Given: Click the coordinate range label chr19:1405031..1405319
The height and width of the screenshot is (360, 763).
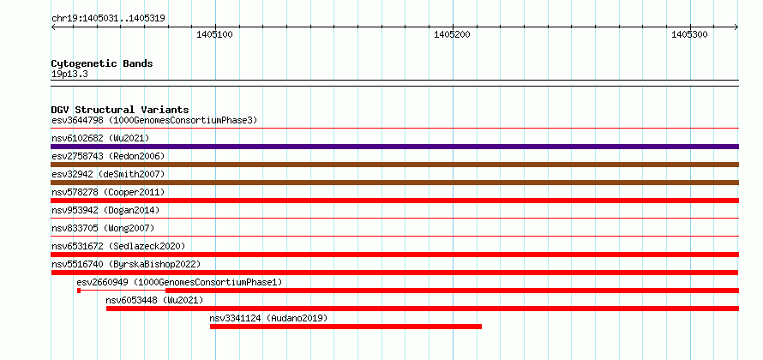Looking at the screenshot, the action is [109, 19].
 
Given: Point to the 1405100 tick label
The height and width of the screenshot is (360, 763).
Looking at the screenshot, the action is [214, 34].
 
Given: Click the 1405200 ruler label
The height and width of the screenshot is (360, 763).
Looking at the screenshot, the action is [452, 34].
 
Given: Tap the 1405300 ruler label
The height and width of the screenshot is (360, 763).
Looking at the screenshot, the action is [689, 34].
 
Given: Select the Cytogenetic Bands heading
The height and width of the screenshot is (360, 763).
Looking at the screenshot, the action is [102, 63].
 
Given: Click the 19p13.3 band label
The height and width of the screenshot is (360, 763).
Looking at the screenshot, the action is [69, 75].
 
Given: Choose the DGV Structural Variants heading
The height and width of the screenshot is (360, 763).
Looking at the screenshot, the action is [120, 110].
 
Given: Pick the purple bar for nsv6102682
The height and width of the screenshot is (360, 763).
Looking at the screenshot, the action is [394, 147].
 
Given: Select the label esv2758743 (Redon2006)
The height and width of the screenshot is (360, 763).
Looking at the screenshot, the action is [109, 156].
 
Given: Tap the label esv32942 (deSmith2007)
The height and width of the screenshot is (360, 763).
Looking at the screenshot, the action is [109, 174].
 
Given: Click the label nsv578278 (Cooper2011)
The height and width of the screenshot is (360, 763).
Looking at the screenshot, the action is [109, 192].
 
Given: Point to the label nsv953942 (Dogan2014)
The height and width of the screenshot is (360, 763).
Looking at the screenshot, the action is [105, 210].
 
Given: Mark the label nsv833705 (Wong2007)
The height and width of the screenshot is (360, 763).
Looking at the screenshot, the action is [103, 228].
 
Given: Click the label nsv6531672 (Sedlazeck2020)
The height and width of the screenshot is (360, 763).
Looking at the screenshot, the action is [118, 246].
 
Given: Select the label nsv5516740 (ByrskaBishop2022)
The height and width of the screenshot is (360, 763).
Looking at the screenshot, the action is [126, 264].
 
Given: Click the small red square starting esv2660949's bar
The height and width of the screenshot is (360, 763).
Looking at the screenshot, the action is [79, 291].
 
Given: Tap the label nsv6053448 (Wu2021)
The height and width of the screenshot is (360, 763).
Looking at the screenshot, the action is [154, 300].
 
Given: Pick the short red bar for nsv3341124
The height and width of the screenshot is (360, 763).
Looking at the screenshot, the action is [345, 327].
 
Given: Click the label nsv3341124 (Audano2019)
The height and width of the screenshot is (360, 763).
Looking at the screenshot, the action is [268, 318].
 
